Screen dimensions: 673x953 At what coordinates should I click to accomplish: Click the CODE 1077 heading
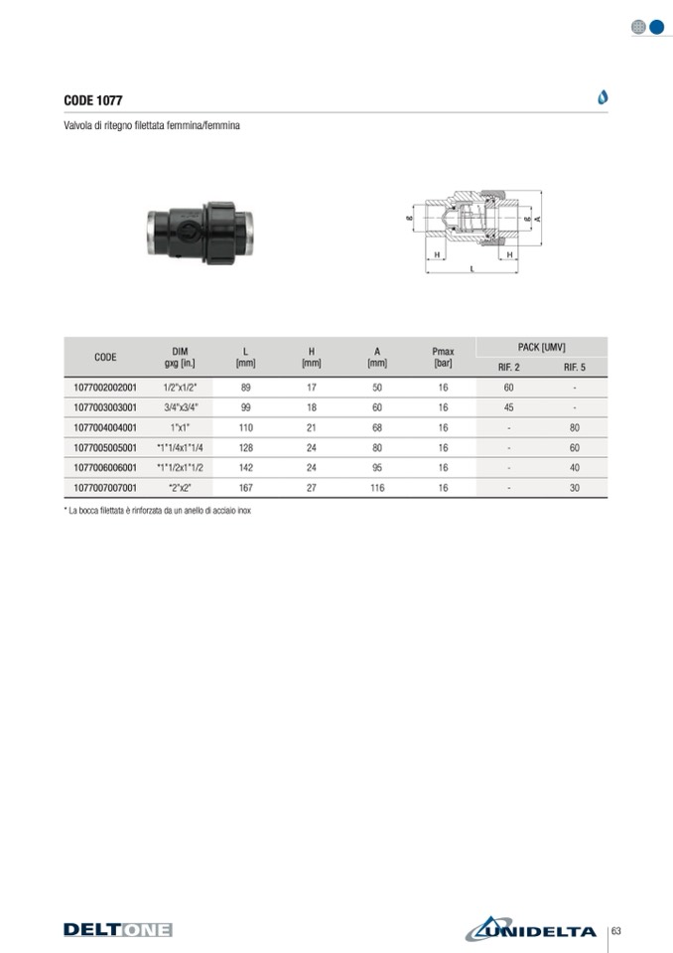click(x=93, y=100)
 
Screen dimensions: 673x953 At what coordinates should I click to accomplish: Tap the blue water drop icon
click(x=603, y=97)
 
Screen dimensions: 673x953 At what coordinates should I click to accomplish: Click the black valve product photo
click(x=201, y=233)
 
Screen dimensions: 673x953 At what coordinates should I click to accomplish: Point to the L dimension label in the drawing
click(x=472, y=268)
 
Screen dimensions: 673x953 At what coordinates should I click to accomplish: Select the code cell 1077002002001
click(x=105, y=388)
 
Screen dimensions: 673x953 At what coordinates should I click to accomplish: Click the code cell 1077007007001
click(x=105, y=488)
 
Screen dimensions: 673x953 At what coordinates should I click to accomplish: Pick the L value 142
click(x=246, y=467)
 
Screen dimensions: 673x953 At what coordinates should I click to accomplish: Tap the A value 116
click(x=377, y=488)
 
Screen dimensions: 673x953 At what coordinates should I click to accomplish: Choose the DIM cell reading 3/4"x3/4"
click(x=181, y=407)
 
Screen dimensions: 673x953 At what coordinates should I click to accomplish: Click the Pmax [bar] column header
click(x=443, y=357)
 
